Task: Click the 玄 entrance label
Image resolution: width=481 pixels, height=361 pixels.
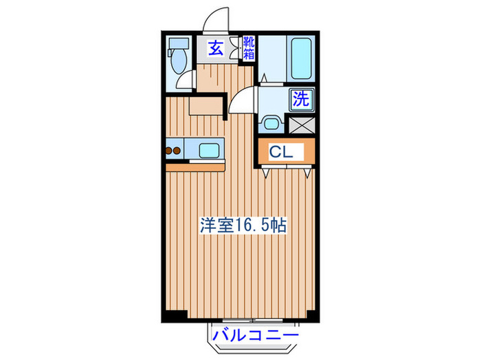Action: coord(216,49)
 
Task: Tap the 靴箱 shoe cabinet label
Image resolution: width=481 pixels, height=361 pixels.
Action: coord(248,48)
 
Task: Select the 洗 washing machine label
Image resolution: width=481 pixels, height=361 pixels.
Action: coord(301,98)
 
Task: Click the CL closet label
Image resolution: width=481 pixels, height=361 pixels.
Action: coord(280,151)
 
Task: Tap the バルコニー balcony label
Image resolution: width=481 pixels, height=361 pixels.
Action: coord(255,335)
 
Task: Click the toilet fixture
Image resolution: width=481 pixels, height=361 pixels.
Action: coord(178,61)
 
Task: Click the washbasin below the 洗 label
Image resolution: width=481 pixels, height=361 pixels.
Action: coord(271,124)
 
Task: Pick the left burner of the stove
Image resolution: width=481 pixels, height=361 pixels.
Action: coord(169,150)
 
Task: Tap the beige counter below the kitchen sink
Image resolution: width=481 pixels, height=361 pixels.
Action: coord(195,166)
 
